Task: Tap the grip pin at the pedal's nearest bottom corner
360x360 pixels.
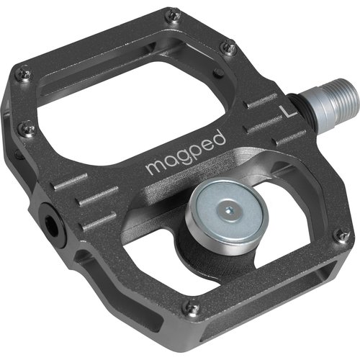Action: coord(192,307)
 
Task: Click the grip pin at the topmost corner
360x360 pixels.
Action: coord(172,14)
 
